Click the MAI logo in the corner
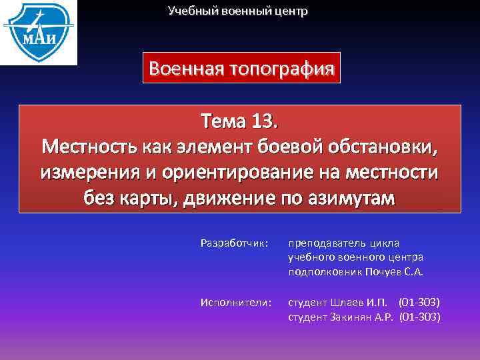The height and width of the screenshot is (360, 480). (38, 32)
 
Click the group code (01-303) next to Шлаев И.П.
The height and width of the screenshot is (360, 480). (419, 303)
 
